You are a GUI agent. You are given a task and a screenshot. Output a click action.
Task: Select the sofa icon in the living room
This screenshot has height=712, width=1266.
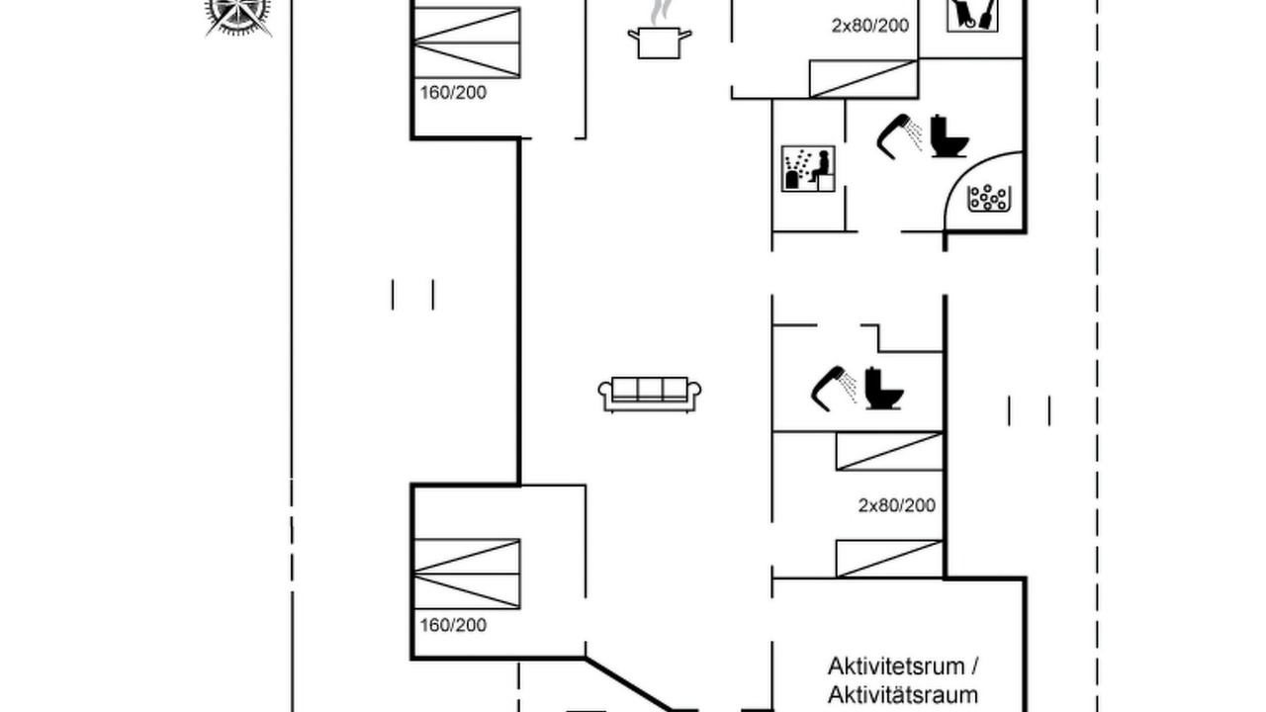pos(650,394)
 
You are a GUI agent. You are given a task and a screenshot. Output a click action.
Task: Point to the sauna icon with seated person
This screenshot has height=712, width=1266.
pos(808,169)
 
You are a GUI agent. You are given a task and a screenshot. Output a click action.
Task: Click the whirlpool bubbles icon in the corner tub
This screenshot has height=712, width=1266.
pos(988,198)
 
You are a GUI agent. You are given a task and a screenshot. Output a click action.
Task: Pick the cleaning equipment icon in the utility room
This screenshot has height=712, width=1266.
pos(972,15)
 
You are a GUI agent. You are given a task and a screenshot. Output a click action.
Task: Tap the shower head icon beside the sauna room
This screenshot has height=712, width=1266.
pos(900,136)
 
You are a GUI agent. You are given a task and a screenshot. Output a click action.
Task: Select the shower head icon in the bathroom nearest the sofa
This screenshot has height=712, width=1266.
pos(834,389)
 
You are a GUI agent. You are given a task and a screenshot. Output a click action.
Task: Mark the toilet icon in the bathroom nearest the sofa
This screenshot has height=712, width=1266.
pos(884,389)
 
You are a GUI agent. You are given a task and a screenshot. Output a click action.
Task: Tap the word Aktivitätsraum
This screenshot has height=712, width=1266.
pos(903,694)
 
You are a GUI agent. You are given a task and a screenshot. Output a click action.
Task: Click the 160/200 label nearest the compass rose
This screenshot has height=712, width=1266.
pos(453,93)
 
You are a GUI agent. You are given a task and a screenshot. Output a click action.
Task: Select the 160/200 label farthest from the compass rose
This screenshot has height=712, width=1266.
pos(453,625)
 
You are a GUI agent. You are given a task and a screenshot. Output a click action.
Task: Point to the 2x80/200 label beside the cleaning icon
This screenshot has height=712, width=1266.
pos(870,26)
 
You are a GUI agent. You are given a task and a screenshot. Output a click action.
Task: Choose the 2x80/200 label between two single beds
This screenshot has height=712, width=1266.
pos(897,505)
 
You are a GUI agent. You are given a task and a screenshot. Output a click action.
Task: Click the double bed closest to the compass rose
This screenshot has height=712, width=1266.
pos(468,43)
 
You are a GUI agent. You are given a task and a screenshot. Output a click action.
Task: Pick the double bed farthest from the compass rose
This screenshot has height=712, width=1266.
pos(468,575)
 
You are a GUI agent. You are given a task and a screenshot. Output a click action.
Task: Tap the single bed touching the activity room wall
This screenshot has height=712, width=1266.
pos(889,559)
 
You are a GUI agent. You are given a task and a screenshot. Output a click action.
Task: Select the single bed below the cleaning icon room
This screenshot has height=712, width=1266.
pos(863,78)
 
